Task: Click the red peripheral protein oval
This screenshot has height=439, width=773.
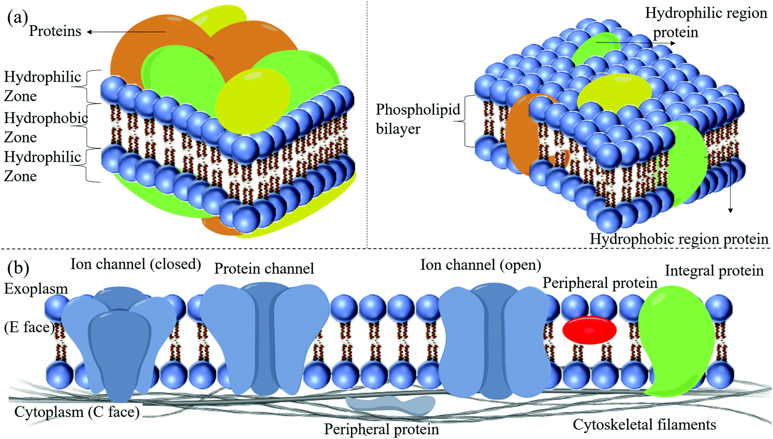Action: tap(589, 330)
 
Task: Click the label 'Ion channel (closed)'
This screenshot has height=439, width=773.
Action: tap(135, 264)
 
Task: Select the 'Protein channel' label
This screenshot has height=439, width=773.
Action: tap(264, 269)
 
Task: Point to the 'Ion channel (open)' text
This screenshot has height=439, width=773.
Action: tap(480, 265)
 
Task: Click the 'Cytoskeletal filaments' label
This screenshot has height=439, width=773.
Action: tap(644, 425)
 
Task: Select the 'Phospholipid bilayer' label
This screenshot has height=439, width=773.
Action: tap(418, 119)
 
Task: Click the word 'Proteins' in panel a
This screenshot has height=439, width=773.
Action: tap(55, 31)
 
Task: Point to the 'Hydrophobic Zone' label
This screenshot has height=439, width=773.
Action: tap(45, 127)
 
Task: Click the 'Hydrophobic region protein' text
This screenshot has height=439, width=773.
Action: tap(678, 239)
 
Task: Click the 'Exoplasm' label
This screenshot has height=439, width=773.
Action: tap(36, 289)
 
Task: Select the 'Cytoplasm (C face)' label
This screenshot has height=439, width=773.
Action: tap(77, 412)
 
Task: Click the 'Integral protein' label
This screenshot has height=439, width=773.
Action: tap(714, 271)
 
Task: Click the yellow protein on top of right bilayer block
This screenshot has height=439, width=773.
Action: tap(614, 92)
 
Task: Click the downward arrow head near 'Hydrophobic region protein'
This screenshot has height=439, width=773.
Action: tap(730, 210)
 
